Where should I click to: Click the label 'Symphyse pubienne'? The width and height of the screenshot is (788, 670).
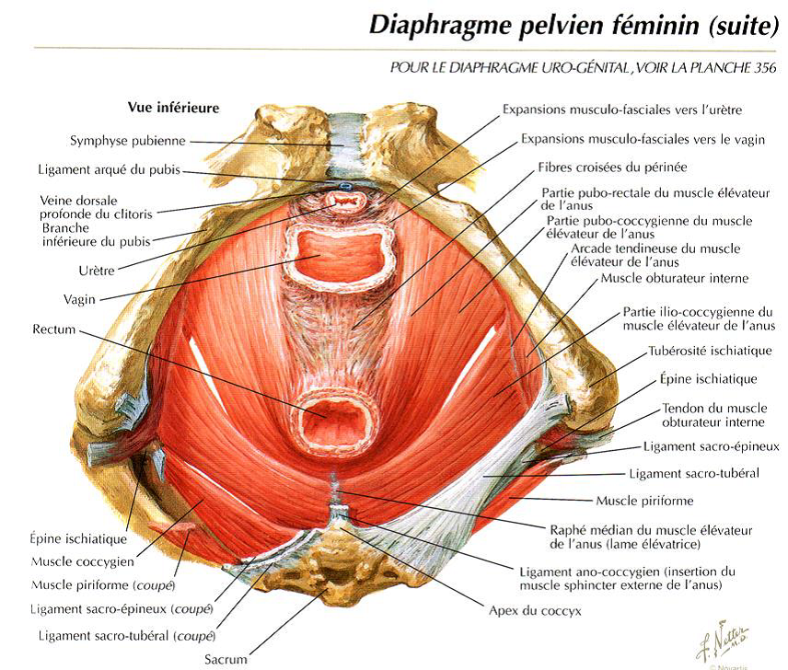(x=128, y=141)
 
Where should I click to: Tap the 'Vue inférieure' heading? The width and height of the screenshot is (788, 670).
(x=173, y=108)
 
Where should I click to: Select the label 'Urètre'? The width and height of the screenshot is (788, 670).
(x=97, y=271)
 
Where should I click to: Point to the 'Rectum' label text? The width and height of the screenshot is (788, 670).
(x=53, y=329)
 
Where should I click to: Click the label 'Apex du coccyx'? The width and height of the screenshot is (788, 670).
(x=535, y=611)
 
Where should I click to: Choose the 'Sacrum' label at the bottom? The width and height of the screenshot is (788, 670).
(x=226, y=659)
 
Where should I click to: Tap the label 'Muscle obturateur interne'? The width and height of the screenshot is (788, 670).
(x=675, y=278)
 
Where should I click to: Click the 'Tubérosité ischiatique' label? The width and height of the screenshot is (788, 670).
(x=710, y=351)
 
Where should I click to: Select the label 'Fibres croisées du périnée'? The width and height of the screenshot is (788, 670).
(x=612, y=167)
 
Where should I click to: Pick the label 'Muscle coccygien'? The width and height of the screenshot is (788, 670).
(x=83, y=561)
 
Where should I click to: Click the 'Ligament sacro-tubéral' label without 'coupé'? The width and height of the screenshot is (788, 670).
(x=694, y=473)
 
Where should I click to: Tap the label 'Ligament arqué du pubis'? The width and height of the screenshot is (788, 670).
(x=109, y=169)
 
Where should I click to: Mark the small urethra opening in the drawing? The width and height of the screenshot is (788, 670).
(x=345, y=202)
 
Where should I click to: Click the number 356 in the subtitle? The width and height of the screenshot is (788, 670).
(x=764, y=68)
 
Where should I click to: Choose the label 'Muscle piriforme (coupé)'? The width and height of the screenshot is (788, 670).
(x=103, y=585)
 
